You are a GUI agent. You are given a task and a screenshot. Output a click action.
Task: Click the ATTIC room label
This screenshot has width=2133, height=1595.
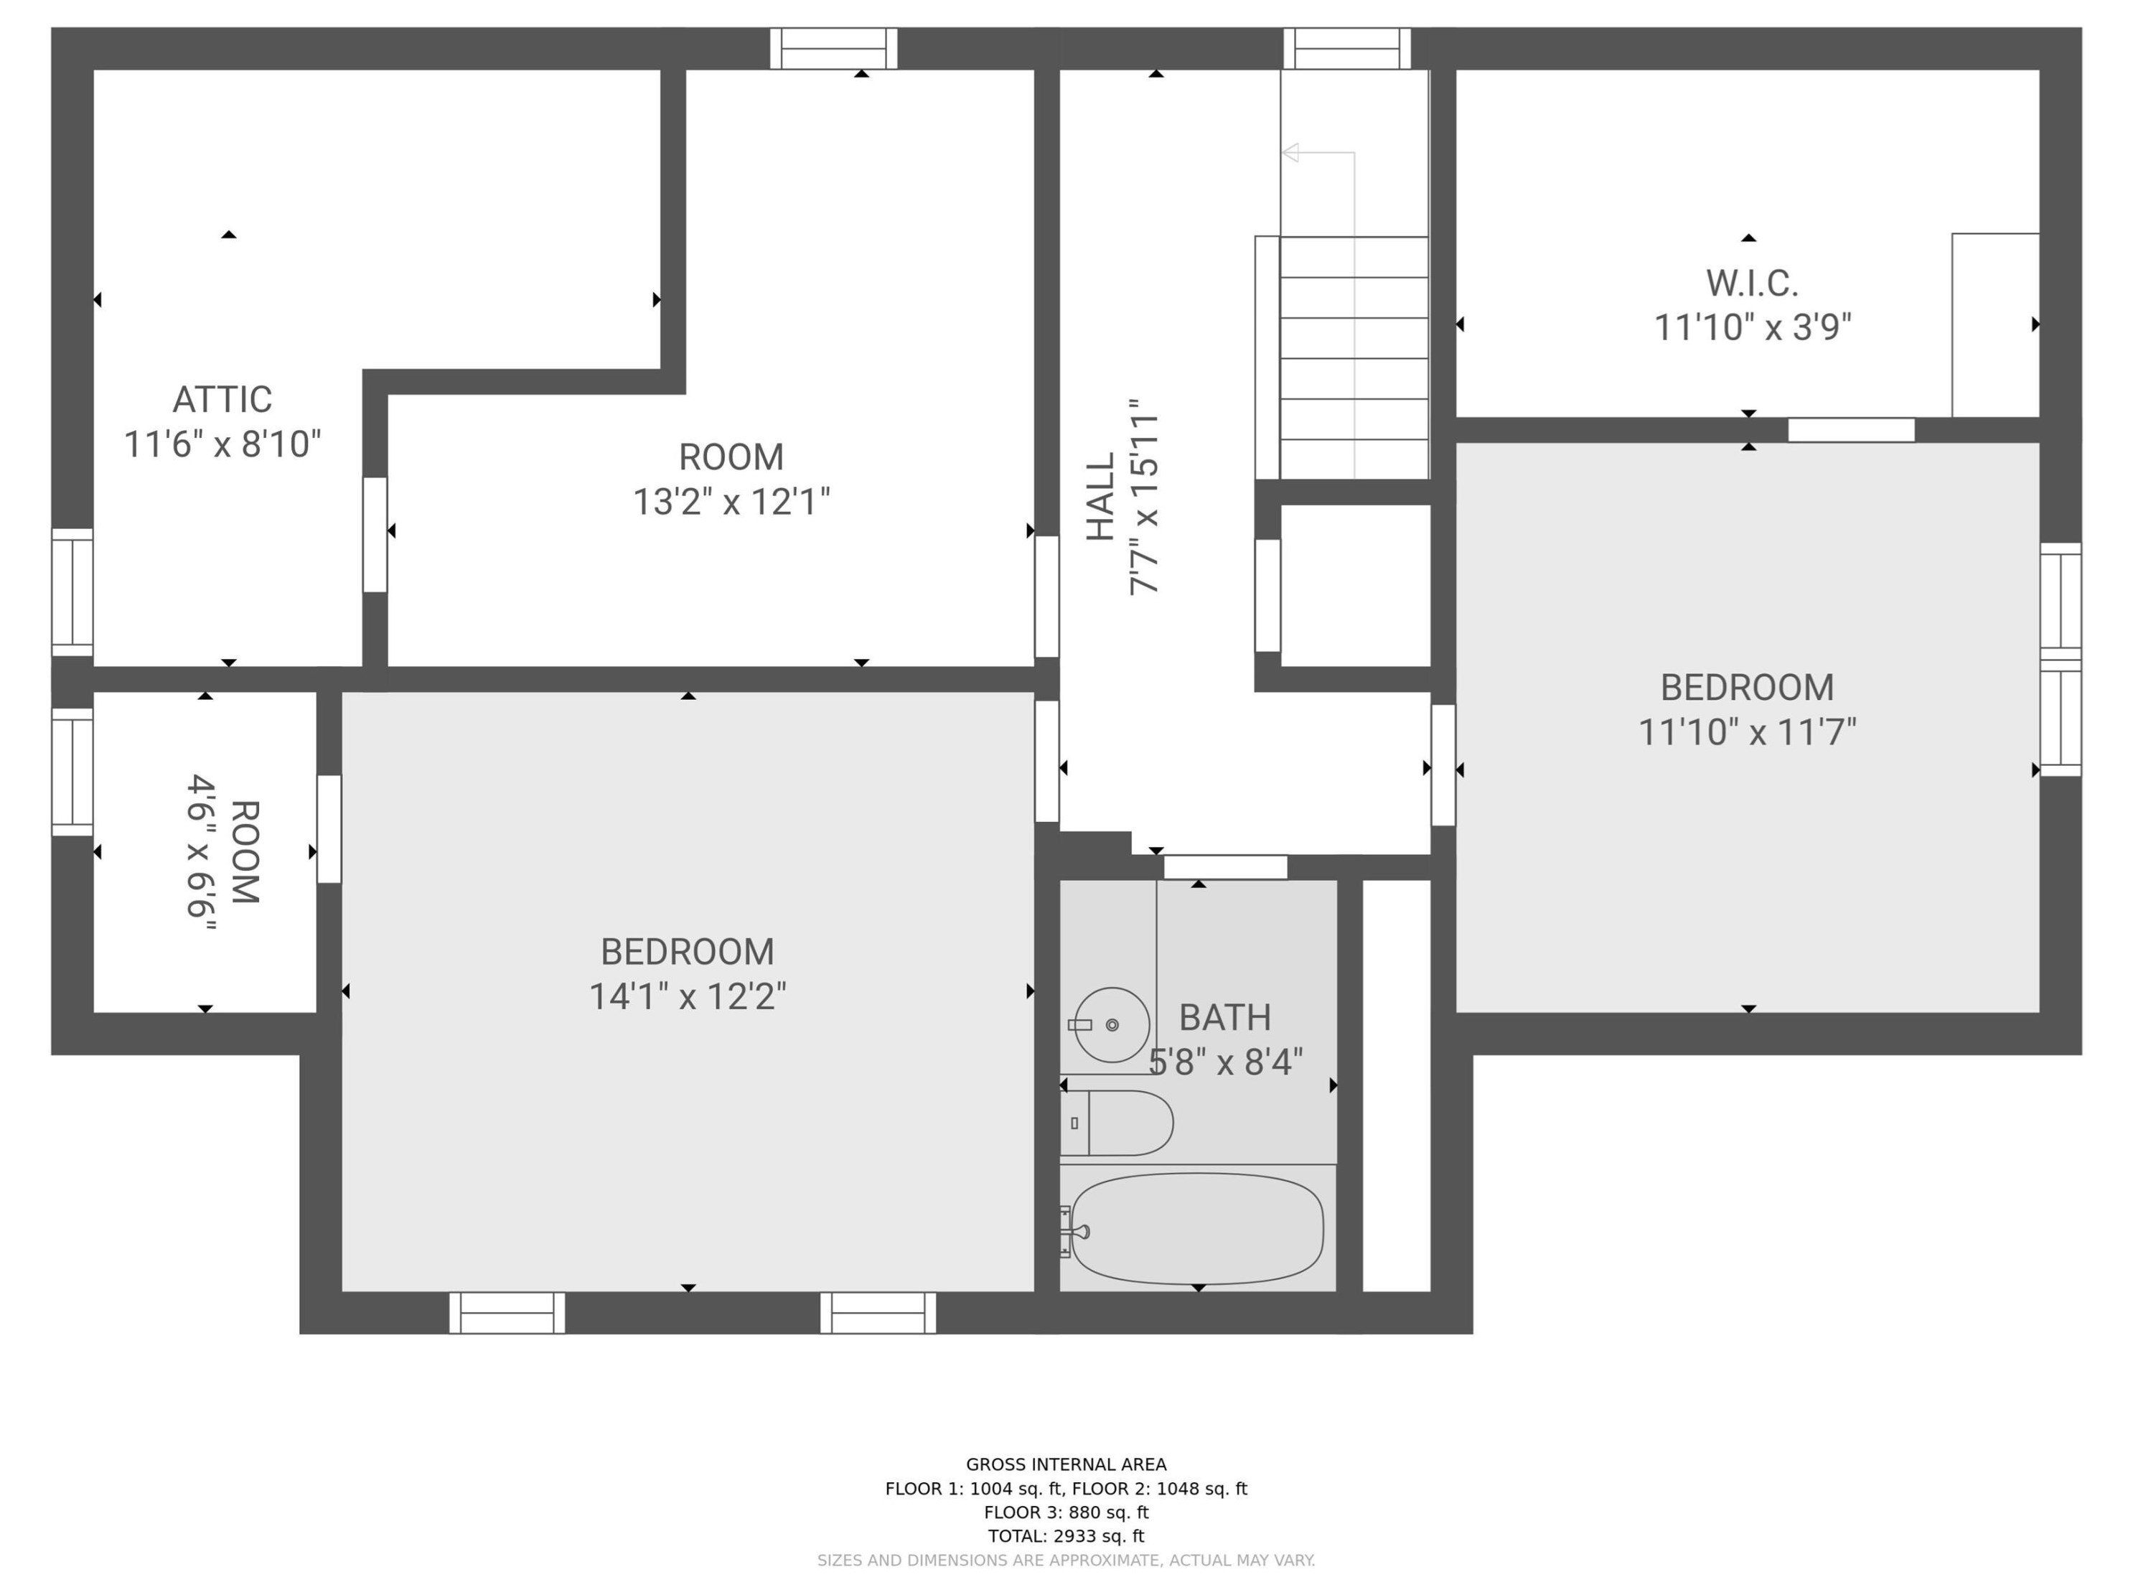222,399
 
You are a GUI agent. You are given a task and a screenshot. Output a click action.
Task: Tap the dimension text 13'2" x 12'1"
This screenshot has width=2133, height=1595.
731,502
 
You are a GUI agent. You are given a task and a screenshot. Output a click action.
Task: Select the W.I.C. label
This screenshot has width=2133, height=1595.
1751,284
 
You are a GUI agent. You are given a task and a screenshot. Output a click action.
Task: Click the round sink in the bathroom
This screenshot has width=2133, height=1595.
1112,1024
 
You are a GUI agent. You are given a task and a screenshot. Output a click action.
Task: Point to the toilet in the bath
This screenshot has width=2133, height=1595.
1119,1123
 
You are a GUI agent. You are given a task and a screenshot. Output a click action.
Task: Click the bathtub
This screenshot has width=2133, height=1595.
1196,1229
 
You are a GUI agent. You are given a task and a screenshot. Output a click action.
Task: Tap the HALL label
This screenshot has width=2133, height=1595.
1101,497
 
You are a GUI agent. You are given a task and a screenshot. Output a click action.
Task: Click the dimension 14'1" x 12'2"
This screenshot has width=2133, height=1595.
688,996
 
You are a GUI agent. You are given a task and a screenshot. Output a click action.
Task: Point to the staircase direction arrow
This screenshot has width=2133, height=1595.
1291,152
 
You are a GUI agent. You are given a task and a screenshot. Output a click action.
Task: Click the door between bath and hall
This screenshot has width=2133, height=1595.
1224,867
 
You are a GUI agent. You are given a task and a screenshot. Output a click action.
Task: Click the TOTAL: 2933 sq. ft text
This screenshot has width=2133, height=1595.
1066,1536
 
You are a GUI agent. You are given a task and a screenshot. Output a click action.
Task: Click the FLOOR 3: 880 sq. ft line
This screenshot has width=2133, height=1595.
1066,1512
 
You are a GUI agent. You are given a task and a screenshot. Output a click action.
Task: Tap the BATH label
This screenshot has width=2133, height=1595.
1224,1017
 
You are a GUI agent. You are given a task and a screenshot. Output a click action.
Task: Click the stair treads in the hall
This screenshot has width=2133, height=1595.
1354,357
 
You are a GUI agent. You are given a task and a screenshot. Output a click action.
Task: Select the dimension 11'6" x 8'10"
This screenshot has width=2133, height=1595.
222,444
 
